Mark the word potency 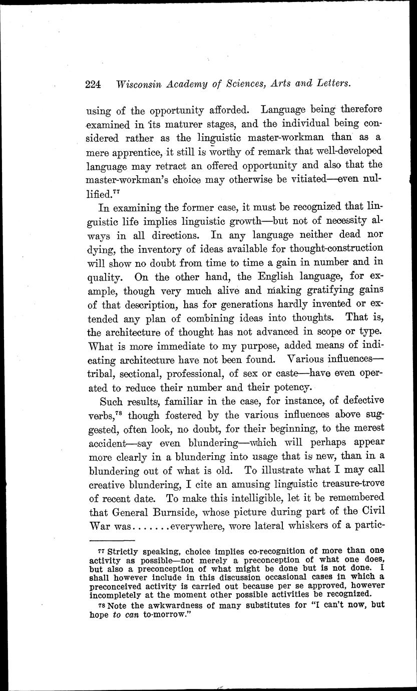[x=292, y=387]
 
